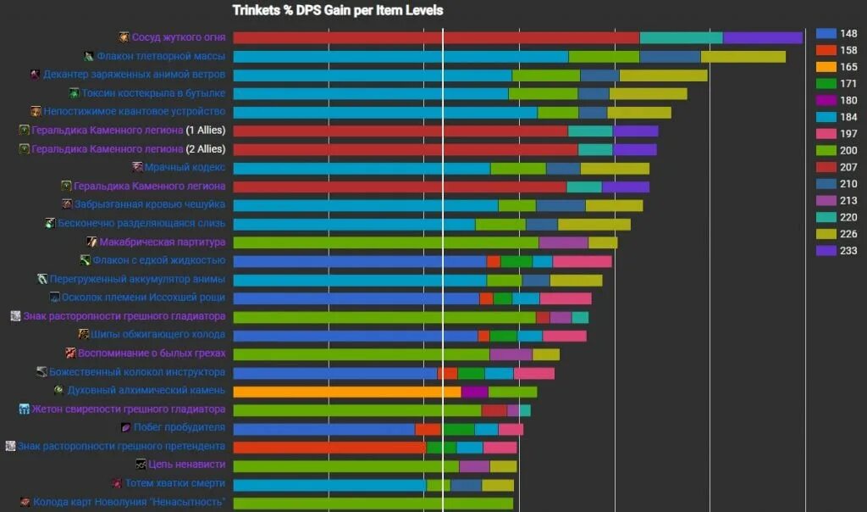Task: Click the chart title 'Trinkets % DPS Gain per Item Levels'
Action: [338, 10]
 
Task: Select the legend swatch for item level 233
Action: [827, 250]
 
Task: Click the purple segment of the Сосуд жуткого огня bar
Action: [762, 38]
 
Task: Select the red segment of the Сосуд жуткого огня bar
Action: [435, 38]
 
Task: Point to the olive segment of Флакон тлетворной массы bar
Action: [743, 57]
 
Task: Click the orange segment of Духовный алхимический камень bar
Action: [346, 392]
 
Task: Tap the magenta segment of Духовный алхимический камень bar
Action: [474, 392]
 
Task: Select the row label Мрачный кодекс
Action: [185, 167]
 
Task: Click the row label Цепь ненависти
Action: [186, 465]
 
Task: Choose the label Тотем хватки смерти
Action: [175, 483]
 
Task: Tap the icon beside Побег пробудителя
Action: [126, 427]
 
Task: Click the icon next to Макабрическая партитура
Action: [91, 242]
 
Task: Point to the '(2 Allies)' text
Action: [206, 149]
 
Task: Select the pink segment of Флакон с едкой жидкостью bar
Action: [582, 261]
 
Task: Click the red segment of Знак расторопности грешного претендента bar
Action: [329, 447]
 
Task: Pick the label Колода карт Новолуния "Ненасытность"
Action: [129, 502]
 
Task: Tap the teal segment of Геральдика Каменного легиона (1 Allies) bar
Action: [590, 131]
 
